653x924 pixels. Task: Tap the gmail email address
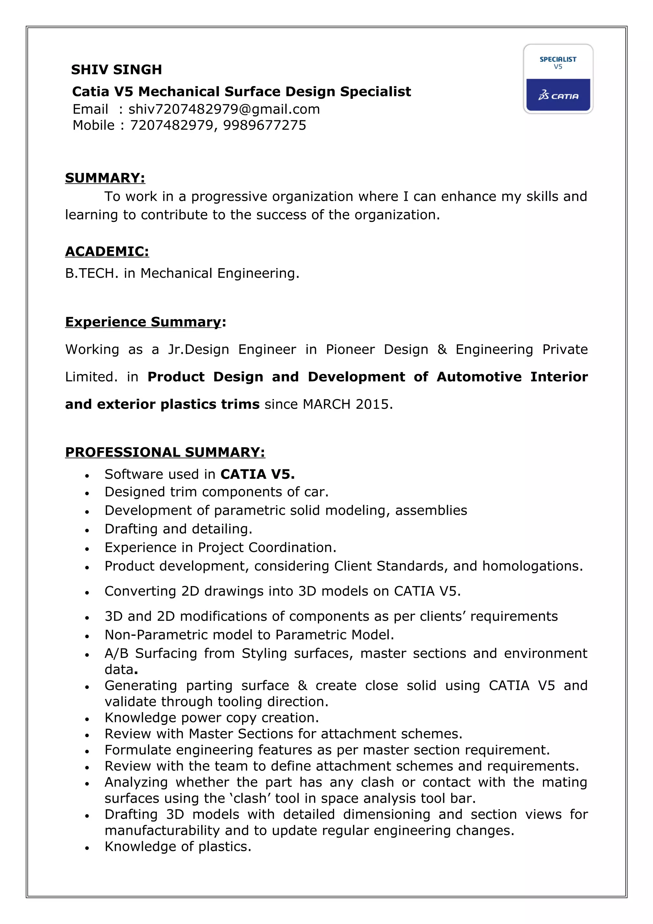point(224,109)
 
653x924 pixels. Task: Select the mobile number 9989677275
point(265,125)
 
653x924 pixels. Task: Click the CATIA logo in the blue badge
point(558,96)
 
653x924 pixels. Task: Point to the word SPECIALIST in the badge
point(558,59)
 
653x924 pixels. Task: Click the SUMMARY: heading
point(105,178)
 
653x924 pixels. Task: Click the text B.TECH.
point(92,273)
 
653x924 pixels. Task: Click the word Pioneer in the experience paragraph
point(350,349)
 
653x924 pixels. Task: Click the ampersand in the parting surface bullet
point(302,686)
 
